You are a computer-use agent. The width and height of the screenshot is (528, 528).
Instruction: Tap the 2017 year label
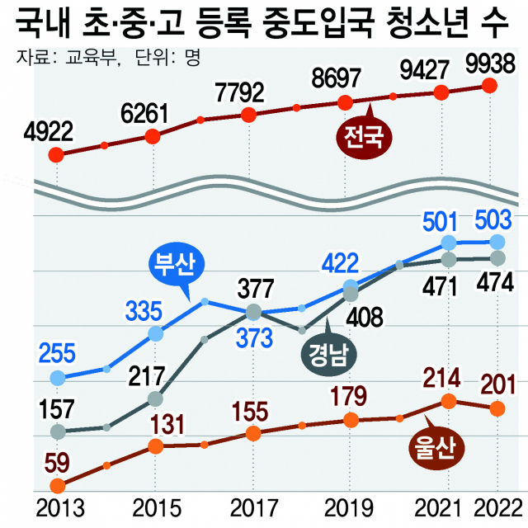point(252,506)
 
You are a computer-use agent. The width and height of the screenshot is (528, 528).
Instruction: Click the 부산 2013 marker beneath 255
point(57,378)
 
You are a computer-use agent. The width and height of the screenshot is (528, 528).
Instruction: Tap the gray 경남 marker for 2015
point(155,399)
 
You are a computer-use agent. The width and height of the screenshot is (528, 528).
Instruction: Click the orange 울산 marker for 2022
point(496,408)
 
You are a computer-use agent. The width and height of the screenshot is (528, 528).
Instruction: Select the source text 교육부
point(87,59)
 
